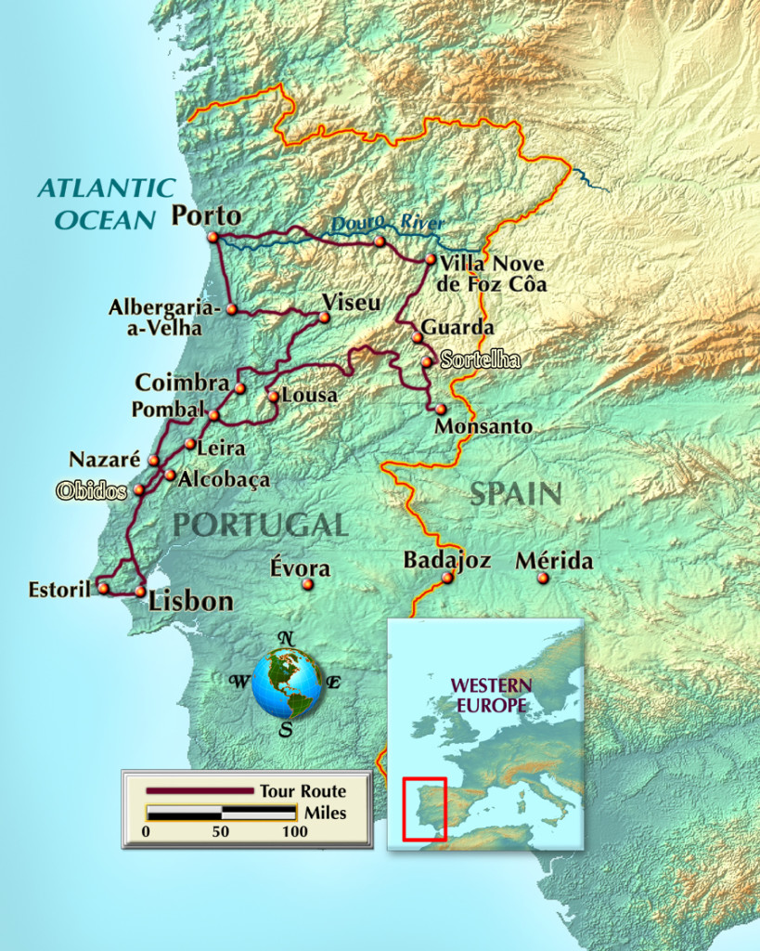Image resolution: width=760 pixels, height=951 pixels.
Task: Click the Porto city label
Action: [x=206, y=216]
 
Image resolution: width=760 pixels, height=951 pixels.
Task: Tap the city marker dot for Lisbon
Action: [x=140, y=591]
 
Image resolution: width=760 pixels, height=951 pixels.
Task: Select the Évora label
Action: [x=300, y=567]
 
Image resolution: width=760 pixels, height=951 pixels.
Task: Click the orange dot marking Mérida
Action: [x=543, y=578]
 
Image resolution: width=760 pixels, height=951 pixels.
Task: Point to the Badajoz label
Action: [x=446, y=560]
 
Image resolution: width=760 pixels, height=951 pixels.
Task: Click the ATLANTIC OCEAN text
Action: [x=106, y=203]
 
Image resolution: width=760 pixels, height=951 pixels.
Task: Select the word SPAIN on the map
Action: [x=515, y=493]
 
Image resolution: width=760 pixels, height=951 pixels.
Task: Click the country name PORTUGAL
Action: [x=260, y=525]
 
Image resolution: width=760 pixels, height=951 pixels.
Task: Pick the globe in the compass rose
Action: [x=287, y=684]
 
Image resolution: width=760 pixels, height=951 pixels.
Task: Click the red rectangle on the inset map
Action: [x=425, y=809]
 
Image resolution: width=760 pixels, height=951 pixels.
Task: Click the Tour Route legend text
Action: [x=303, y=791]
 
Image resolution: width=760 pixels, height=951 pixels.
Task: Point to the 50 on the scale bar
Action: [x=220, y=832]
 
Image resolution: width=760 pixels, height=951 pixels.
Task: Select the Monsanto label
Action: [x=483, y=426]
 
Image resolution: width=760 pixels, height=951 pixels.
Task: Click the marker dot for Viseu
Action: [x=324, y=318]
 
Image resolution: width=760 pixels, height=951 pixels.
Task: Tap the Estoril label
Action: [x=58, y=589]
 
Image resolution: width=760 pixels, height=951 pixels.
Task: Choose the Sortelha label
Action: [x=480, y=360]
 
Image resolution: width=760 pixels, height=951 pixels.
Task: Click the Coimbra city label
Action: [x=182, y=383]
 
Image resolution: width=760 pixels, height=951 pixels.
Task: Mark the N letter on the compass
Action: [x=288, y=638]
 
